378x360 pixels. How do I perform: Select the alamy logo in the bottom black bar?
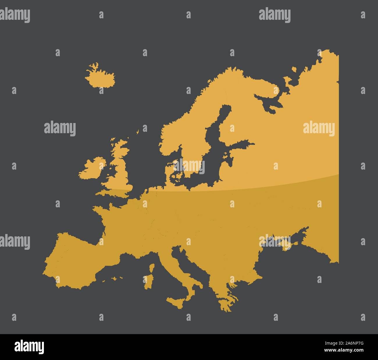coord(29,347)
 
